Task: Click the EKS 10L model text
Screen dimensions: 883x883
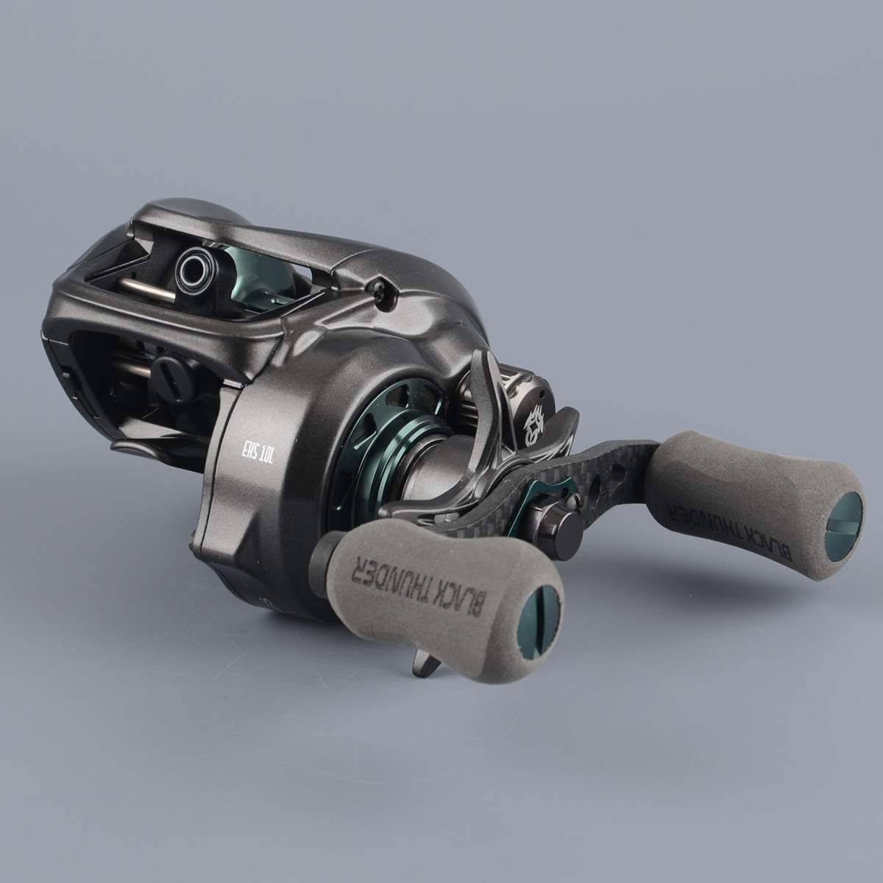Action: (257, 453)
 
